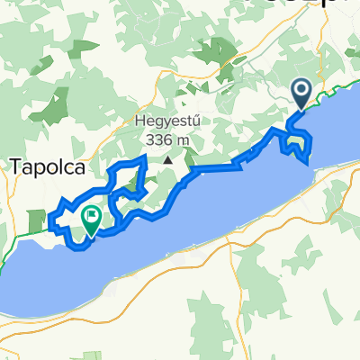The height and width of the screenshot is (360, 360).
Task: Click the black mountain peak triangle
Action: tap(168, 160)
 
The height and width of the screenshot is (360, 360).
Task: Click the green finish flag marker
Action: tap(92, 218)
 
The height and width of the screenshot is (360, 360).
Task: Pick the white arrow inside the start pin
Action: tap(301, 89)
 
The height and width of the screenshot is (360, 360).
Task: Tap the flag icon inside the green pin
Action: tap(92, 214)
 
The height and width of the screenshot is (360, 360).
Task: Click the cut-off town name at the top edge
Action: tap(333, 4)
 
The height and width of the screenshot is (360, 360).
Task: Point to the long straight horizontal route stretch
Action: tap(216, 167)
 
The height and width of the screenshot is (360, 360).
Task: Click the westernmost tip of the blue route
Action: tap(52, 216)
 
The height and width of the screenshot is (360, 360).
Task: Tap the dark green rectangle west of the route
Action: tap(37, 221)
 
